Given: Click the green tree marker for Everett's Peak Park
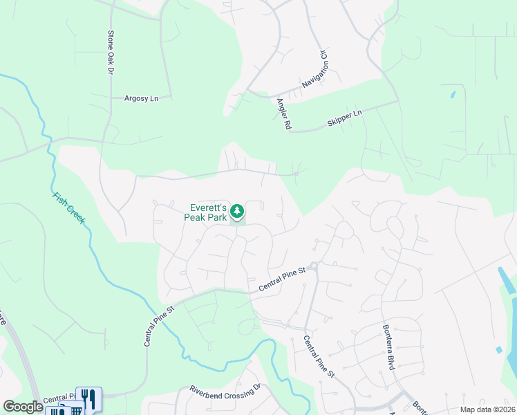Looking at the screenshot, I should click(x=237, y=211).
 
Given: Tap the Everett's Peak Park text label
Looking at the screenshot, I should click(x=205, y=212).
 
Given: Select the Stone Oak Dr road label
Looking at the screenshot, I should click(x=110, y=53).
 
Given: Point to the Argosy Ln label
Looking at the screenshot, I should click(x=141, y=98).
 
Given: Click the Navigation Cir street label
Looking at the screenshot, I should click(x=314, y=69).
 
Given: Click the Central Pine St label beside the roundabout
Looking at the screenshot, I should click(x=281, y=279).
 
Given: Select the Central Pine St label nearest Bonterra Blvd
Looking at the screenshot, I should click(x=319, y=356).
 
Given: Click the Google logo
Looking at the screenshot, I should click(x=23, y=407).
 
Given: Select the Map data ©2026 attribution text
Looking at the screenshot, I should click(x=487, y=409).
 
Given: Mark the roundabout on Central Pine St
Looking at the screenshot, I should click(x=313, y=266).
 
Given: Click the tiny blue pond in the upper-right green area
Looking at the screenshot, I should click(x=453, y=93).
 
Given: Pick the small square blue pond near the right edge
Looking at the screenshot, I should click(x=498, y=350).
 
